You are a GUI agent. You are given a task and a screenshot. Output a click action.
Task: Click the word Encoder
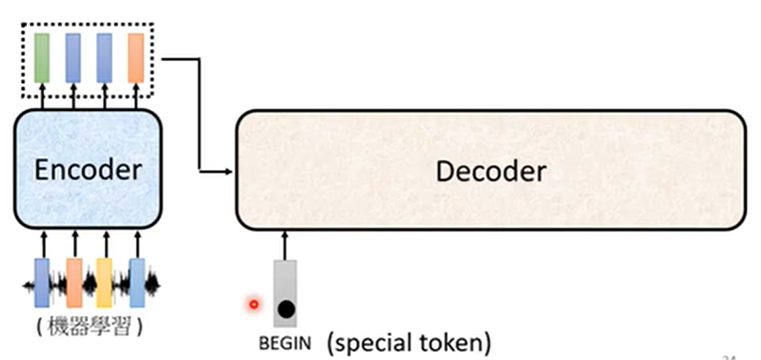[x=88, y=170]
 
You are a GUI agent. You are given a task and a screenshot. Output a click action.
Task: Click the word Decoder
[x=490, y=171]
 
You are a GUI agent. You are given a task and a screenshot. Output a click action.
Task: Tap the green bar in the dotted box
[x=42, y=58]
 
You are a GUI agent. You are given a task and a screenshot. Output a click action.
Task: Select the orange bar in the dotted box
[x=136, y=58]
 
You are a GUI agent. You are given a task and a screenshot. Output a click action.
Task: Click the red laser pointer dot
[x=254, y=305]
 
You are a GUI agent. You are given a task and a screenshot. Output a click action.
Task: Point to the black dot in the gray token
[x=286, y=310]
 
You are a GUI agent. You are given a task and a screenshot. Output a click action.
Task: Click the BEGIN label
[x=285, y=343]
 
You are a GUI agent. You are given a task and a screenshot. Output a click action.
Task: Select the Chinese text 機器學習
[x=89, y=327]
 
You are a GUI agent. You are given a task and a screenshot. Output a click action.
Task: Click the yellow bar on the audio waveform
[x=105, y=283]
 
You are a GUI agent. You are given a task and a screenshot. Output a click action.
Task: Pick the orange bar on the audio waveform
[x=74, y=283]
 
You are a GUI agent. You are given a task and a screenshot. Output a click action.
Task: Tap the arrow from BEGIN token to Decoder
[x=285, y=245]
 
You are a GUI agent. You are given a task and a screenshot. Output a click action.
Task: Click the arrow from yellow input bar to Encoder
[x=106, y=244]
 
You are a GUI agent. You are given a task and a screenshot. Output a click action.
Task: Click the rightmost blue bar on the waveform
[x=137, y=283]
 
